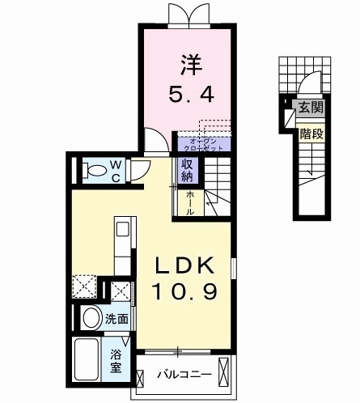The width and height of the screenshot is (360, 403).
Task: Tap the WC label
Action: click(116, 170)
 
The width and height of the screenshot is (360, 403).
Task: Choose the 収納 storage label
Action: click(187, 170)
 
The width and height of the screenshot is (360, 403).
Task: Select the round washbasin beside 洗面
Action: click(91, 316)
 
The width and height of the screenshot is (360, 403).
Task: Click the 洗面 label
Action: click(116, 319)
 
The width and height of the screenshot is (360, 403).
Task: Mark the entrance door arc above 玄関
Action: click(308, 84)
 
